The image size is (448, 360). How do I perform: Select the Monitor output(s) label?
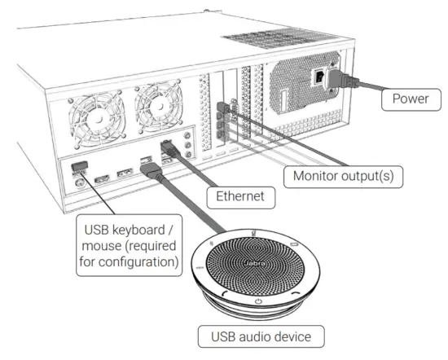(x=336, y=174)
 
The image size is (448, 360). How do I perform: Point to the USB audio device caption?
(x=258, y=336)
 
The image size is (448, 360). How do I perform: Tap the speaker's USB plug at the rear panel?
(x=151, y=170)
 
